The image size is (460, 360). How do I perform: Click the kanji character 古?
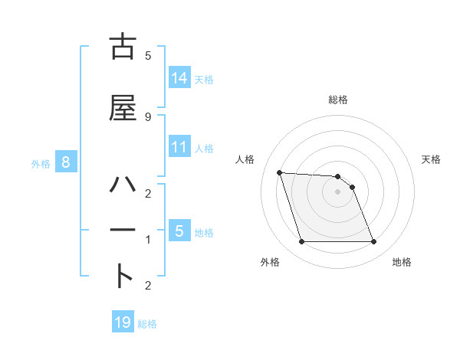(123, 47)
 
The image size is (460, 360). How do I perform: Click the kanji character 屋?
(123, 108)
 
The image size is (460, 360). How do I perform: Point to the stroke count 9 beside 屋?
(147, 116)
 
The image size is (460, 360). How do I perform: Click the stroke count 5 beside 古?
(147, 55)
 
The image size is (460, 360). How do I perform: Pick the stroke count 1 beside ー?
(147, 240)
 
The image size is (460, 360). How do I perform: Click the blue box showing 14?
(179, 77)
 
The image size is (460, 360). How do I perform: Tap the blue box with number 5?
(179, 231)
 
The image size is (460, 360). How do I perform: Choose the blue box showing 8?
(66, 162)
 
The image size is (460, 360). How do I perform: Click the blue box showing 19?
(123, 322)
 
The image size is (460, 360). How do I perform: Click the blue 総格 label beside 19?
(148, 324)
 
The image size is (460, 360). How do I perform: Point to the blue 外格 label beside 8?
(41, 163)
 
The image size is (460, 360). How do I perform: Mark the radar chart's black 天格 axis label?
(432, 159)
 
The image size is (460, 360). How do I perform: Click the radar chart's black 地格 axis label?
(402, 262)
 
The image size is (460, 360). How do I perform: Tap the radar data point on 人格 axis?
(279, 172)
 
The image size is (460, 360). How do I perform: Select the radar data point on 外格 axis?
(301, 242)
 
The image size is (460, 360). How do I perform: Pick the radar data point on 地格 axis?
(373, 242)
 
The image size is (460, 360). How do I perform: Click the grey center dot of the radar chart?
(337, 191)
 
